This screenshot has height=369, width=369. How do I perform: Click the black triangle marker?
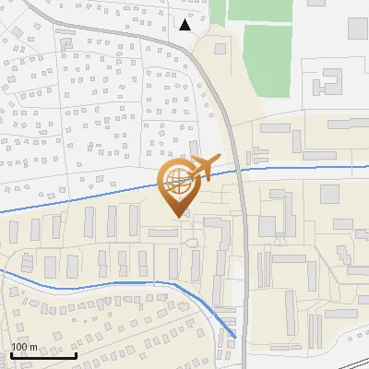[184, 25]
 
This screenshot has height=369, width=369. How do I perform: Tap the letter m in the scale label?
[34, 346]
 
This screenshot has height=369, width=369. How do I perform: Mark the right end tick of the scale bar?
[76, 353]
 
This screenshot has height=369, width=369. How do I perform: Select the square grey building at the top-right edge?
[358, 27]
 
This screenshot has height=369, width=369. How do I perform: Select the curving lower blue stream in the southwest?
[111, 283]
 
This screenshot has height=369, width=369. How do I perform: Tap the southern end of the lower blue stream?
[235, 338]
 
